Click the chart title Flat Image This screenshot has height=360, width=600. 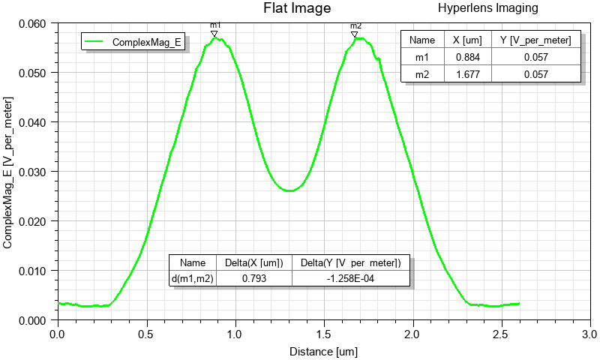coord(296,9)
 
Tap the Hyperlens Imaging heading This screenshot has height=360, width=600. coord(487,8)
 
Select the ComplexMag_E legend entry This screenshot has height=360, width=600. coord(147,42)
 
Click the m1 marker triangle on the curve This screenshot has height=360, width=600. coord(214,34)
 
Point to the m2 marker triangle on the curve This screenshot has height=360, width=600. coord(355,34)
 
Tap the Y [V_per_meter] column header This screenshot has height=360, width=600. coord(535,40)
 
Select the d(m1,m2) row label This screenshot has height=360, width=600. coord(193,279)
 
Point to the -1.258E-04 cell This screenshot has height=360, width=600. coord(351,279)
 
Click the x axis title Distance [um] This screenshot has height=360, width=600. coord(324,350)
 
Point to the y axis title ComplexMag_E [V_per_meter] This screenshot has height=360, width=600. coord(9,172)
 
